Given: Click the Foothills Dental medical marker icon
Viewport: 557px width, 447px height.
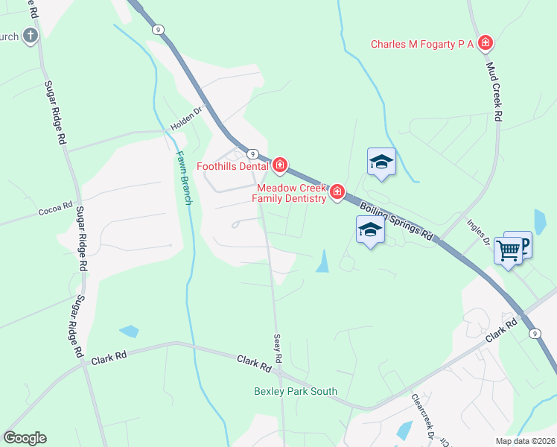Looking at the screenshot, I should [x=280, y=164].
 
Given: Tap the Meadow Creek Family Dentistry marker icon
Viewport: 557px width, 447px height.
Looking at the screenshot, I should [x=337, y=193].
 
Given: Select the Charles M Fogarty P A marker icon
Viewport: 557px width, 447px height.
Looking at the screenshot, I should [x=486, y=43].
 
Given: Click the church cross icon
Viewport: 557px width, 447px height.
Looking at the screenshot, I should [x=30, y=35].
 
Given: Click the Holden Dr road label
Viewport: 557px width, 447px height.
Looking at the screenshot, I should [x=186, y=118].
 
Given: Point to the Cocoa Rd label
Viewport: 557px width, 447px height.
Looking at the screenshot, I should [x=56, y=209].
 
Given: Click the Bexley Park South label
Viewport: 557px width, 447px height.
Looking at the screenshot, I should [x=296, y=391].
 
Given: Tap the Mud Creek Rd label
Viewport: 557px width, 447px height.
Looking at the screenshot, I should [x=494, y=91].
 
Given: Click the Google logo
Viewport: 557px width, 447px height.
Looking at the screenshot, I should [x=25, y=438].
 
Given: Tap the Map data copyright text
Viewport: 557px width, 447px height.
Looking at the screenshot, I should [x=524, y=441].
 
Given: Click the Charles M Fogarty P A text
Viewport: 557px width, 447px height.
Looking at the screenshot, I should [x=423, y=44].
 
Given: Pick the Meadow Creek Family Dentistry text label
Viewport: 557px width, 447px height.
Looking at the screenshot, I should [x=290, y=193].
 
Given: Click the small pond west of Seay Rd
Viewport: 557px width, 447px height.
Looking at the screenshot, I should [x=129, y=332].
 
